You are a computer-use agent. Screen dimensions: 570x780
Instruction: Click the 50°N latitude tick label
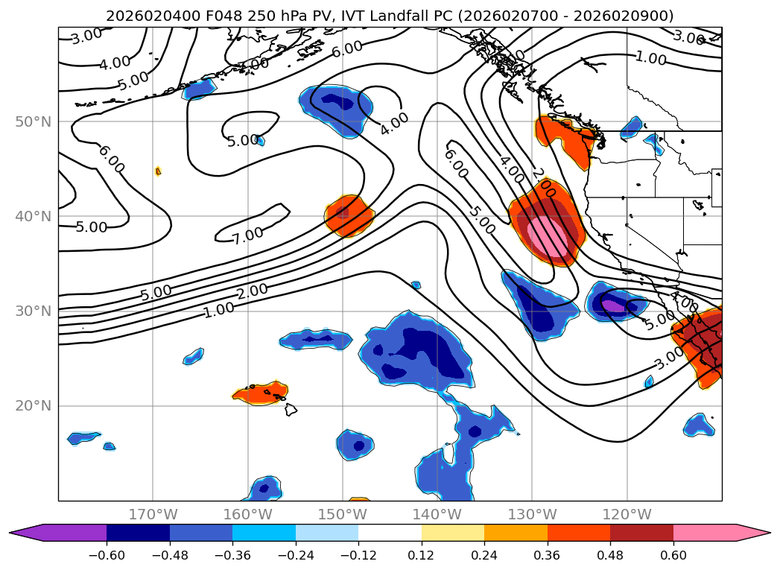[33, 121]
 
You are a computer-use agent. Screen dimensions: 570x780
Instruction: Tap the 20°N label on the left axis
[33, 406]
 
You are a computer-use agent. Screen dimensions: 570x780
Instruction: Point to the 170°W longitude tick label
[153, 514]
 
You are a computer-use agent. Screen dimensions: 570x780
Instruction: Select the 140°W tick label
[437, 514]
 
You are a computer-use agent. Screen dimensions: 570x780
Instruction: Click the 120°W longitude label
[627, 514]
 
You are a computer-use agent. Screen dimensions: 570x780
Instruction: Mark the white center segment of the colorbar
[390, 533]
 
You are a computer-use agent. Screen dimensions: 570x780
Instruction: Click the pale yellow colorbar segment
[453, 533]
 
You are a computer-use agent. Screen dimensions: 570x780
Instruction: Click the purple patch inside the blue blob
[615, 304]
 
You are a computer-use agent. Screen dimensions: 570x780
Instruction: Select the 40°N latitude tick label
[33, 216]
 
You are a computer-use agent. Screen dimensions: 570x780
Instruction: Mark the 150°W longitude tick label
[343, 514]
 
